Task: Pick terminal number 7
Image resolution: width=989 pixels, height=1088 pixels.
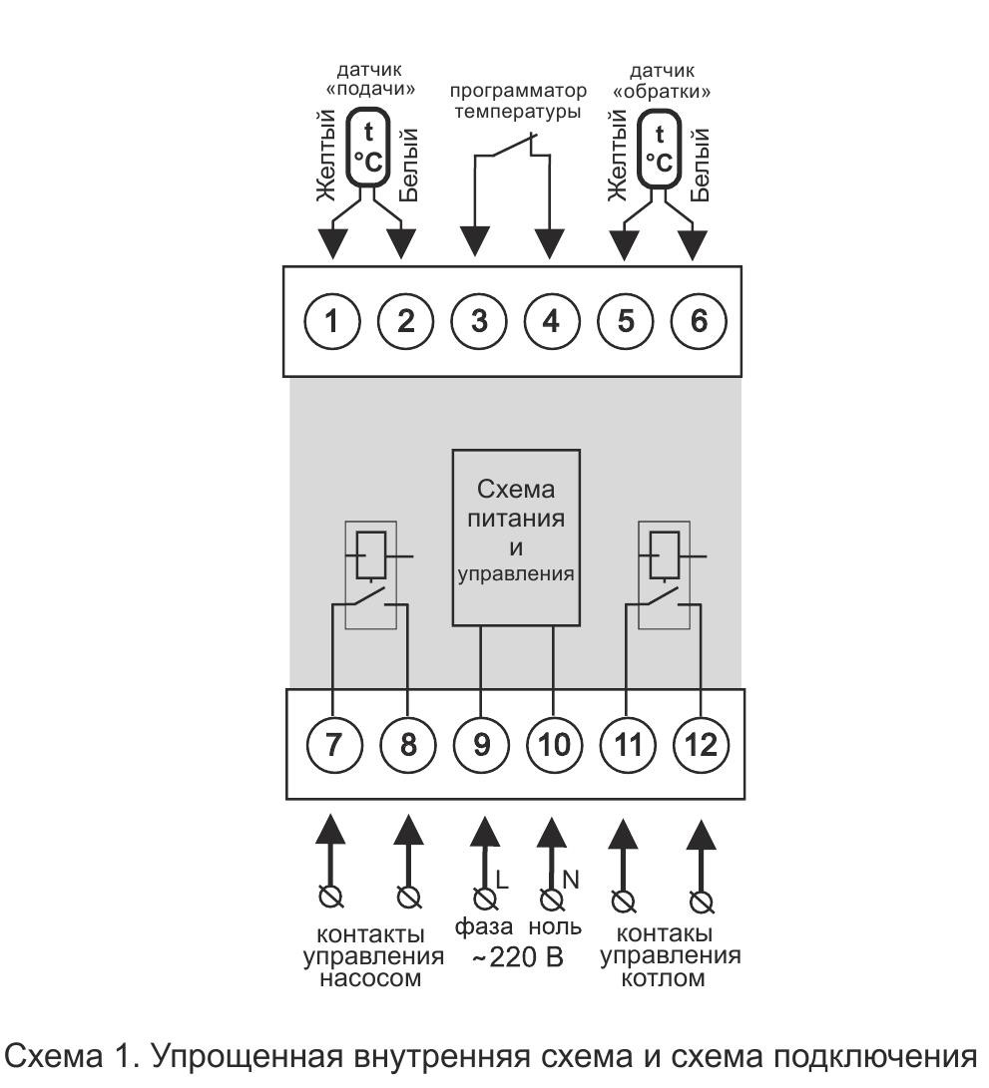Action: pyautogui.click(x=331, y=744)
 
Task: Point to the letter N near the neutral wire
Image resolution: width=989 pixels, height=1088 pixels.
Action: pyautogui.click(x=572, y=880)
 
